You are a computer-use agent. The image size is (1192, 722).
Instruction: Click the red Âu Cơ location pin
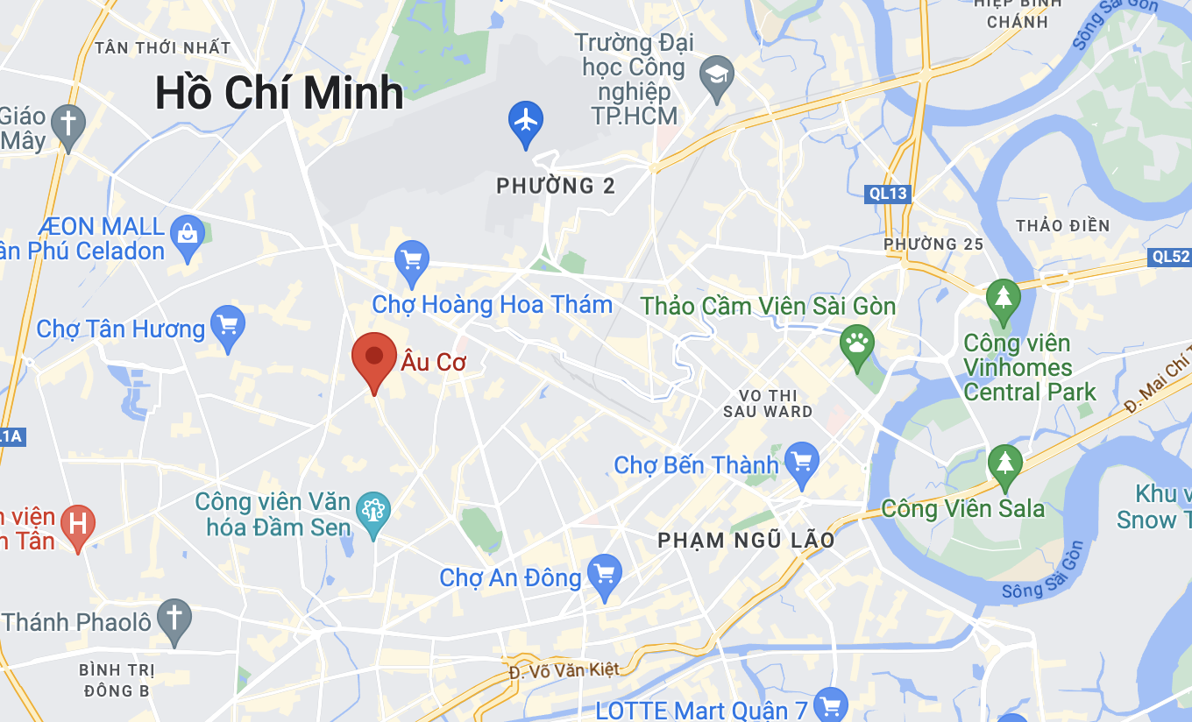point(374,357)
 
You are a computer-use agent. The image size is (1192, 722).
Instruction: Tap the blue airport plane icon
point(526,122)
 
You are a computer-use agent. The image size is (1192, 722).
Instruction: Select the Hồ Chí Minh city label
point(279,94)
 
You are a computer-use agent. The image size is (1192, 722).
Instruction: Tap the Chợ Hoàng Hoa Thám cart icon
point(411,260)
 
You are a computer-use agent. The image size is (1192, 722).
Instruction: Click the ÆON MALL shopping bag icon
point(188,235)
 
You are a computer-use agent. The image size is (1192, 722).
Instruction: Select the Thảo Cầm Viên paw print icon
point(856,343)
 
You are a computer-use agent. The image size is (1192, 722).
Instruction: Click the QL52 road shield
point(1170,257)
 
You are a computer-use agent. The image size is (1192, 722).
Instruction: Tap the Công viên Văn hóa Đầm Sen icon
point(374,509)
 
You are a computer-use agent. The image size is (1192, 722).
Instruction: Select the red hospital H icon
point(77,525)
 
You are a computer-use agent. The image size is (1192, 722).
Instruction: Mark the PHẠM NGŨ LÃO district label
point(747,541)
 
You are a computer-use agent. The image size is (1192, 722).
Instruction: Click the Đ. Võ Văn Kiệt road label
point(564,670)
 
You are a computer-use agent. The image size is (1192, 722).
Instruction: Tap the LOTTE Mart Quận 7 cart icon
point(829,705)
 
